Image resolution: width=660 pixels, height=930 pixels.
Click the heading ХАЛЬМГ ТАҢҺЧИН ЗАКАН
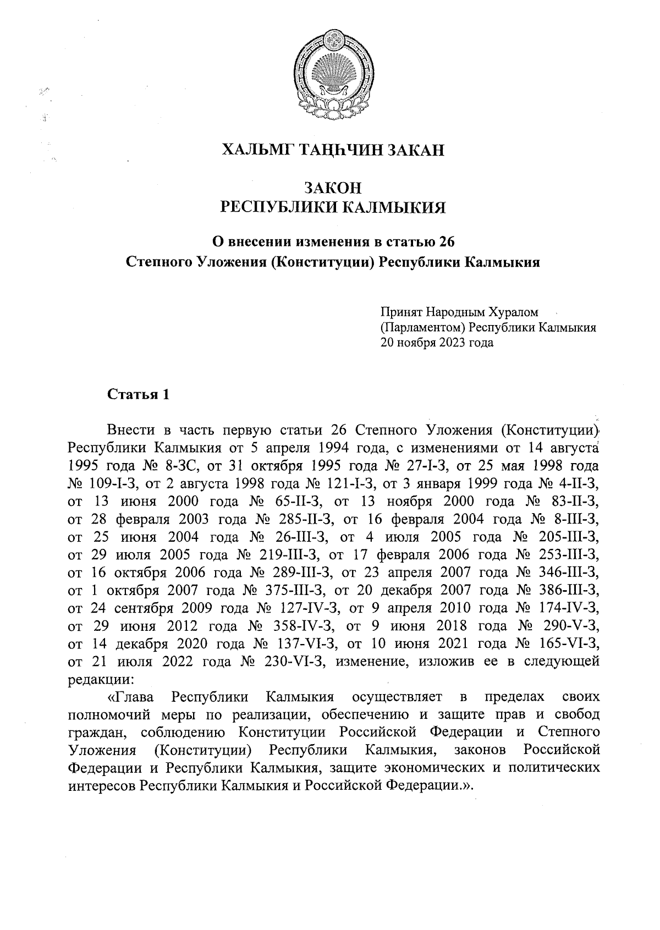click(332, 150)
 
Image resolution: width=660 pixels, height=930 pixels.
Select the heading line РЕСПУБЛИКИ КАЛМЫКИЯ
click(332, 208)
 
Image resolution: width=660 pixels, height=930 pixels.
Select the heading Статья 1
click(137, 395)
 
